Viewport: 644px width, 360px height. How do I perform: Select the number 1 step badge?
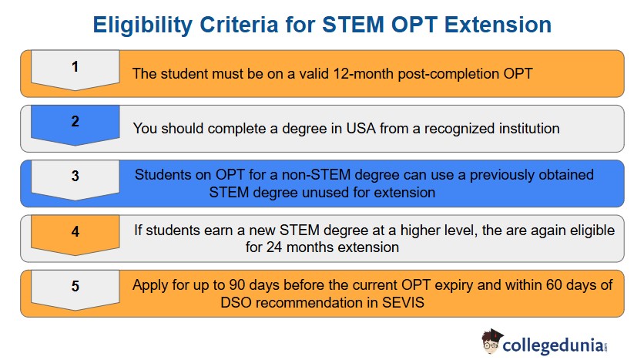75,68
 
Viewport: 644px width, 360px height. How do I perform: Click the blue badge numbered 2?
75,123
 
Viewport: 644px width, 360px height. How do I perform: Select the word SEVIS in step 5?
403,303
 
